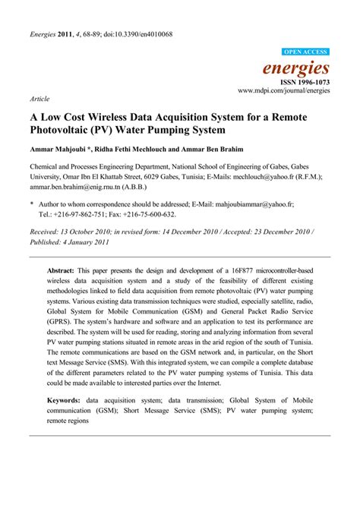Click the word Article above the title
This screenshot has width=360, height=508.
(x=39, y=99)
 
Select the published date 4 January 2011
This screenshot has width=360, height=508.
(x=86, y=241)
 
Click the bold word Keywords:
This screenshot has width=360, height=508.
(x=66, y=399)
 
